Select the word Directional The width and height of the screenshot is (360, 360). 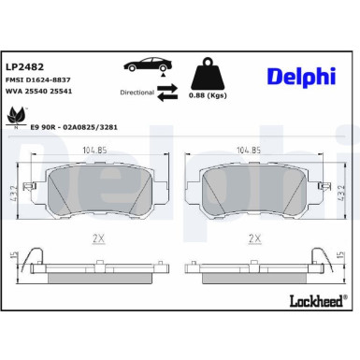(x=137, y=94)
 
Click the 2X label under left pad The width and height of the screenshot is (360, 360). (x=96, y=238)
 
